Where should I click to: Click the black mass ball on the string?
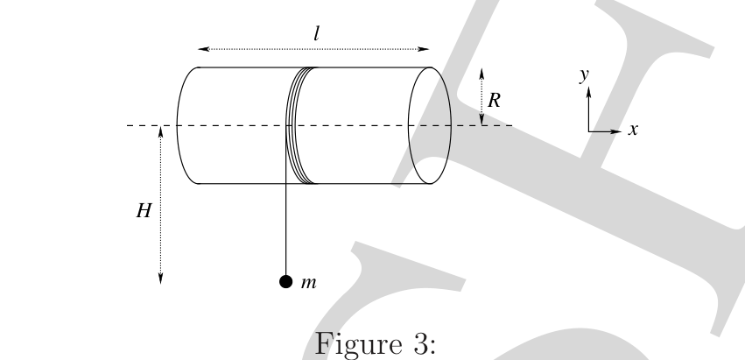285,282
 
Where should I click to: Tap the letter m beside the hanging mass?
308,283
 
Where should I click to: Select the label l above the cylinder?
316,33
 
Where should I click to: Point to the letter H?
144,210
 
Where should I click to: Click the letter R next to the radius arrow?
494,101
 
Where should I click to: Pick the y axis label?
584,75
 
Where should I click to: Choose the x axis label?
632,130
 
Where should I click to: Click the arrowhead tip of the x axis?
622,131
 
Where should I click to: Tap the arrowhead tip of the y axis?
588,87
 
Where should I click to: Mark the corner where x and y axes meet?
588,131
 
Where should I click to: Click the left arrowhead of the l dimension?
199,49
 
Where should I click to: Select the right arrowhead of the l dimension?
428,49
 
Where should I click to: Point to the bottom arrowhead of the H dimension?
160,283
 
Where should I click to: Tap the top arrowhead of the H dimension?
160,127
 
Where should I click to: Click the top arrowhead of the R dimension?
481,69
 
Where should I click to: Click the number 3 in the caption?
420,344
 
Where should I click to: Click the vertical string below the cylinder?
285,229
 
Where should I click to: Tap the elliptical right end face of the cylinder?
451,125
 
